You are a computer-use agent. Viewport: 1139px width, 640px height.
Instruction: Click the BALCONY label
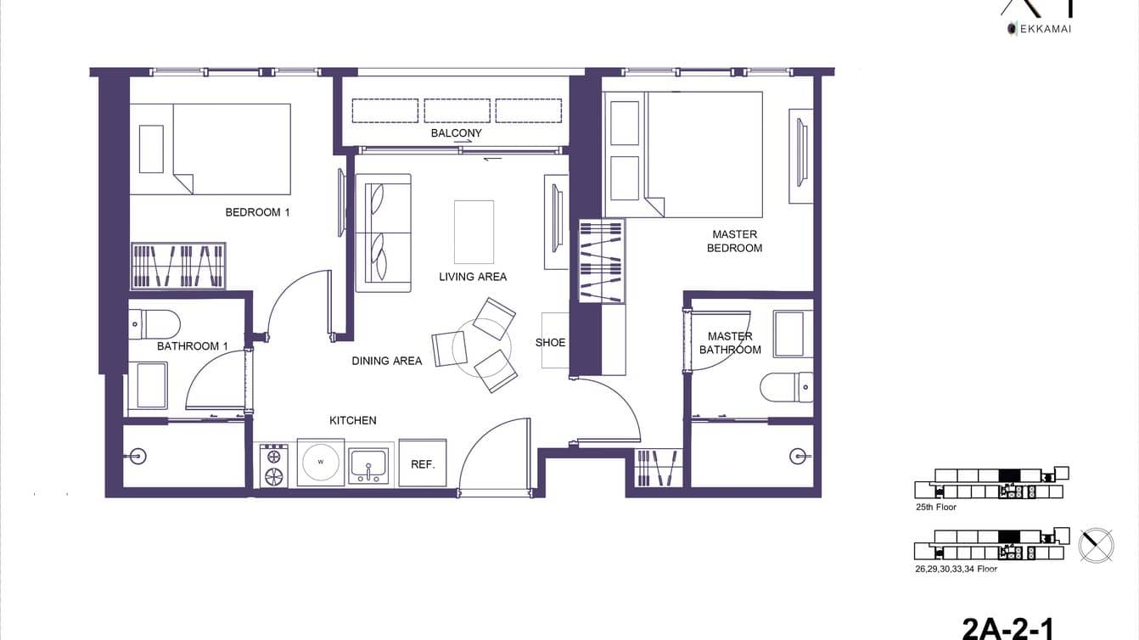[x=456, y=133]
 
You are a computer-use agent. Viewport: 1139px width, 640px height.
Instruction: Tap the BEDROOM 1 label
[x=257, y=212]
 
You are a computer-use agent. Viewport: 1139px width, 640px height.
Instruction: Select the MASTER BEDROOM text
[x=734, y=241]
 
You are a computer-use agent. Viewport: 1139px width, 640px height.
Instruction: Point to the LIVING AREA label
[x=473, y=277]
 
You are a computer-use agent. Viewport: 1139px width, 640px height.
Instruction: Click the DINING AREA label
[x=386, y=361]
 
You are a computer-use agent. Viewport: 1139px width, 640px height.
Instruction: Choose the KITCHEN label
[x=352, y=420]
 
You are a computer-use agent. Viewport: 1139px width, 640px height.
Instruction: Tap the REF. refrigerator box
[x=423, y=463]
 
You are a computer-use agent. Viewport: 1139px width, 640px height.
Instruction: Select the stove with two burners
[x=273, y=465]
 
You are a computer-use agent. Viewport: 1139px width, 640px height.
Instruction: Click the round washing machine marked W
[x=320, y=463]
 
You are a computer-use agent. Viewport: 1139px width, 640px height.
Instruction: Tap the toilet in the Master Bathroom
[x=786, y=387]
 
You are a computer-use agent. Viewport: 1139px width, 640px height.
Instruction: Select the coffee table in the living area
[x=474, y=232]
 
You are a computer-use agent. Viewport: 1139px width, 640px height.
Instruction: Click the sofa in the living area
[x=383, y=233]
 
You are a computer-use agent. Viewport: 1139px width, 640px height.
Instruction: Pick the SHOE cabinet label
[x=550, y=342]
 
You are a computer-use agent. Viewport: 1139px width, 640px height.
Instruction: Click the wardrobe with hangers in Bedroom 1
[x=178, y=266]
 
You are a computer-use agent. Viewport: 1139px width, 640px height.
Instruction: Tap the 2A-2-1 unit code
[x=1007, y=628]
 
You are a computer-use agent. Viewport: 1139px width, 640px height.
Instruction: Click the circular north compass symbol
[x=1096, y=544]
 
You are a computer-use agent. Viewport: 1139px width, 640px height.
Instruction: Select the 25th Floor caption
[x=935, y=507]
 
